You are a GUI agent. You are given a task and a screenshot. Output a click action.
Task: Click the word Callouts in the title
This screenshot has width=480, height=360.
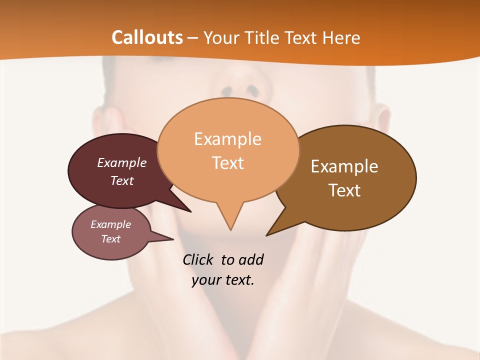147,37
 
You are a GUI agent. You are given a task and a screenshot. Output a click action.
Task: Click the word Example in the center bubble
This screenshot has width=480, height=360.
227,138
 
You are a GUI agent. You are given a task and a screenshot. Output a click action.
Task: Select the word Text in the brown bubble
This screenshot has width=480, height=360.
344,190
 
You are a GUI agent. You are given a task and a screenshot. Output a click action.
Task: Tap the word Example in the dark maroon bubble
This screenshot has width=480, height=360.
122,162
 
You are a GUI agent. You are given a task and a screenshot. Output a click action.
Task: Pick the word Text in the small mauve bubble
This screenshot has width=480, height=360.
111,239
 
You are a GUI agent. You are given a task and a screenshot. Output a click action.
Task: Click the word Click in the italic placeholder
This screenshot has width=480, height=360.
199,259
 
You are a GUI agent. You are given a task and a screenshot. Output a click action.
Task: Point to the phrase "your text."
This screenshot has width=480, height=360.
223,280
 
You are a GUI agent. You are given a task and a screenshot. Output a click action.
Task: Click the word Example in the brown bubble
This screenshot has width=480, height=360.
344,166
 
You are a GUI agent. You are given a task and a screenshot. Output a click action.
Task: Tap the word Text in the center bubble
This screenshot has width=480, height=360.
228,162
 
